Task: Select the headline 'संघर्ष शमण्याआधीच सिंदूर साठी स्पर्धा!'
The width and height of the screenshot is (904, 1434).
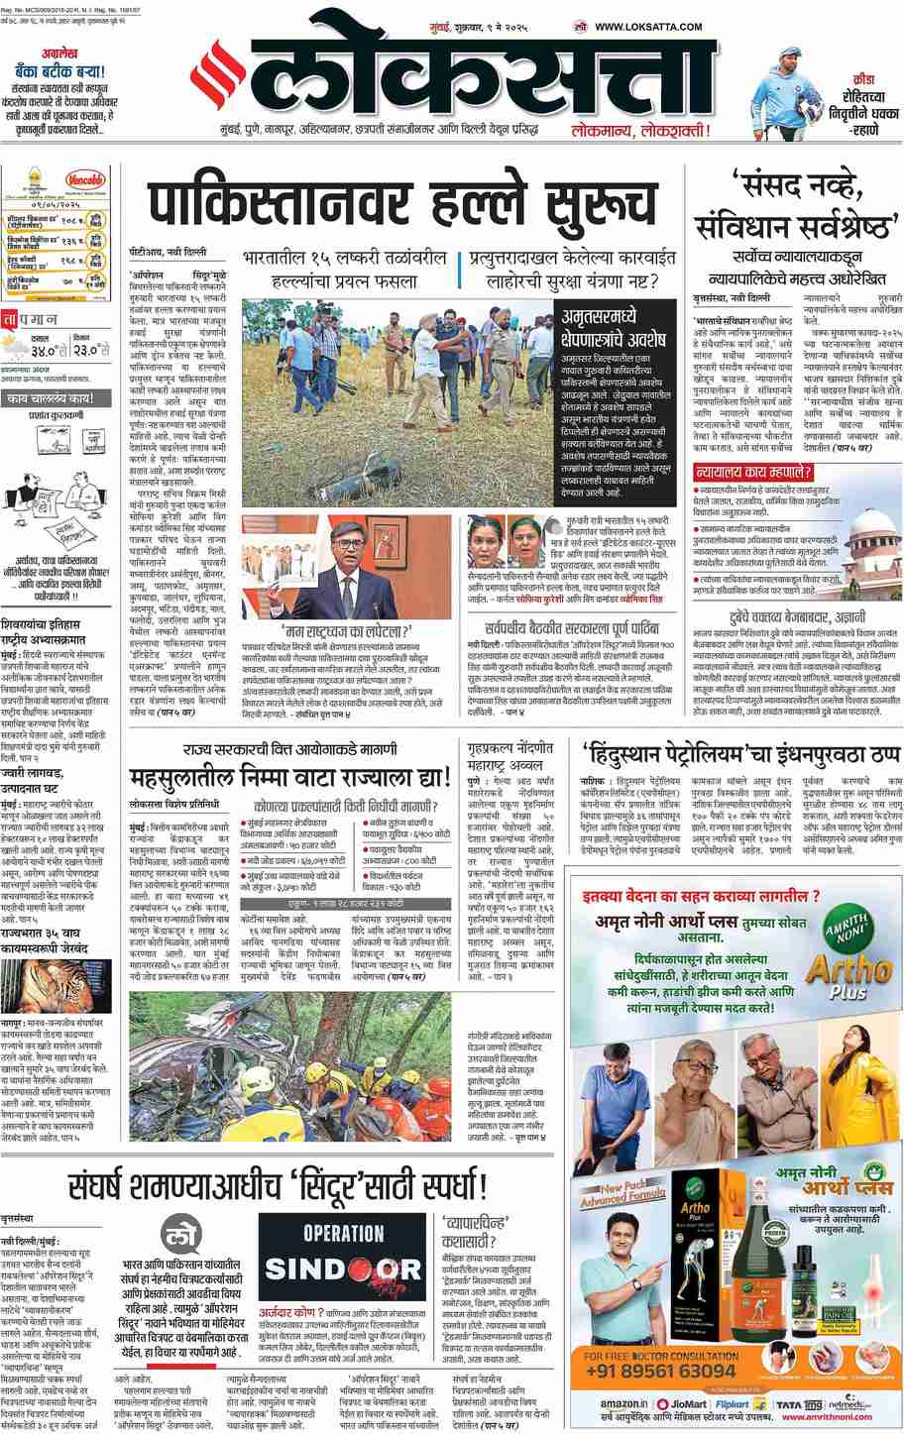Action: (x=279, y=1185)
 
